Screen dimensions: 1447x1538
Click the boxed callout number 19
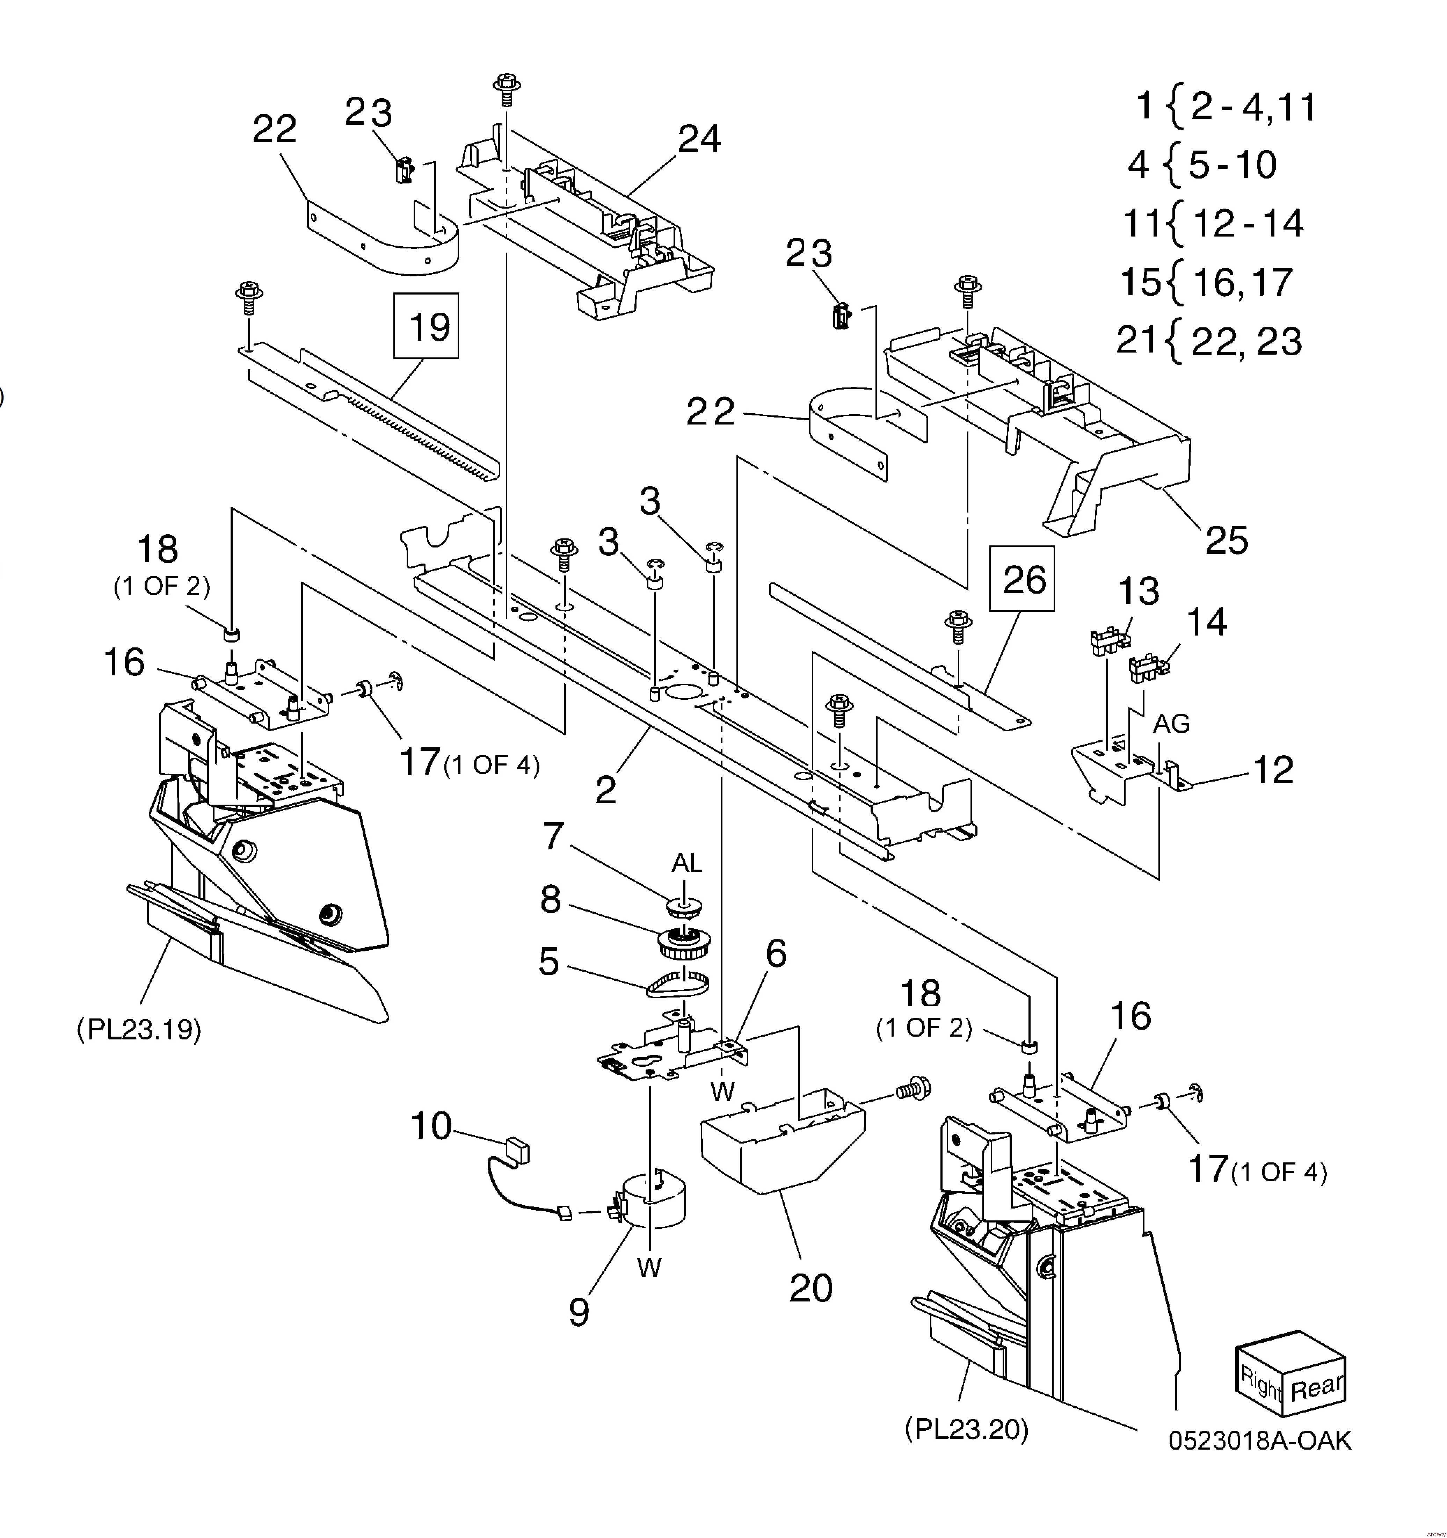pyautogui.click(x=426, y=326)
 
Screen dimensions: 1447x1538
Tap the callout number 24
pyautogui.click(x=699, y=139)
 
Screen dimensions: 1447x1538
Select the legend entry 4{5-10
pyautogui.click(x=1202, y=165)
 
